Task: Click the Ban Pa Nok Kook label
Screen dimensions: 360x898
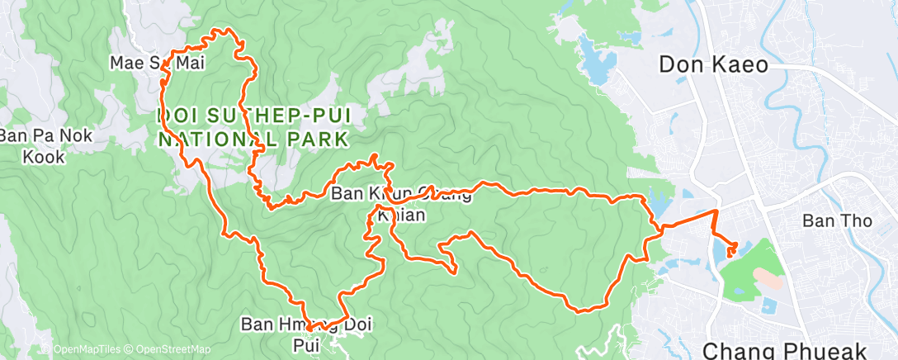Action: (x=45, y=145)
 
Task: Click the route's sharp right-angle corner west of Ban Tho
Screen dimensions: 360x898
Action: (x=714, y=212)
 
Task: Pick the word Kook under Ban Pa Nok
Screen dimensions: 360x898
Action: (x=45, y=155)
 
